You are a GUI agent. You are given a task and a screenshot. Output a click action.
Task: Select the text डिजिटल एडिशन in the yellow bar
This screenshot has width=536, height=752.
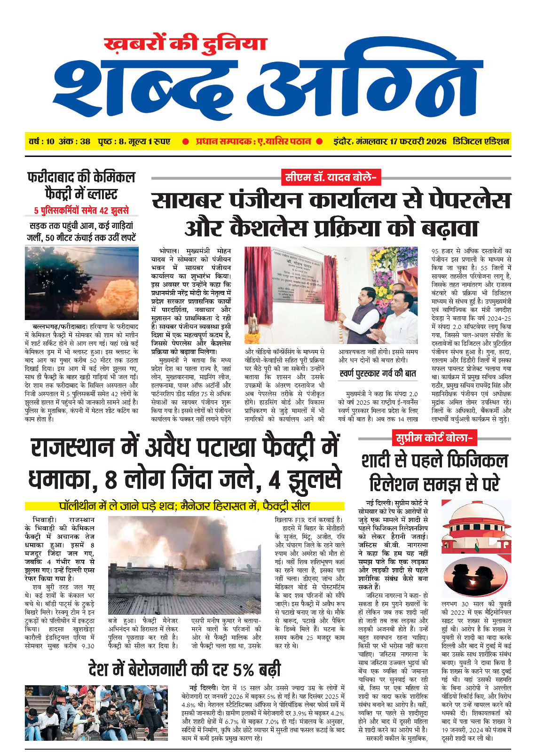coord(481,141)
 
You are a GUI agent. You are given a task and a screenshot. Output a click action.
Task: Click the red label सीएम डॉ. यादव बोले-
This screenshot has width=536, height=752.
coord(331,177)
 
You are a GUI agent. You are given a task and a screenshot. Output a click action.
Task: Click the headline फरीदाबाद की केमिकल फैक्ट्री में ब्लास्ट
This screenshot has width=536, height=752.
coord(81,185)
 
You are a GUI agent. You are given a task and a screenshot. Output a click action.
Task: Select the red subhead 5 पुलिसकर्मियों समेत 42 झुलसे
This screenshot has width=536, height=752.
coord(81,211)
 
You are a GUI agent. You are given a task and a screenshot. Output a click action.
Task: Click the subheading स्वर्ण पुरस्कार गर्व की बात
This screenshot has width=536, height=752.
coord(378,374)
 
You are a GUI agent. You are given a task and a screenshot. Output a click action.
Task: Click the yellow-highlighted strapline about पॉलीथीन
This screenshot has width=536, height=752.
coord(184,506)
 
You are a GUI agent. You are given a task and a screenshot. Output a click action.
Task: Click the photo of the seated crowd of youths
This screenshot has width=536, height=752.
coord(100,713)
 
